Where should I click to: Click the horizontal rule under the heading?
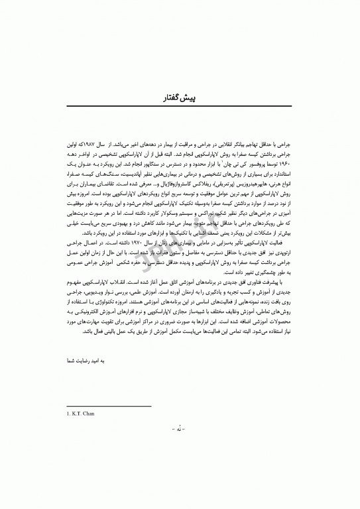(x=180, y=107)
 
